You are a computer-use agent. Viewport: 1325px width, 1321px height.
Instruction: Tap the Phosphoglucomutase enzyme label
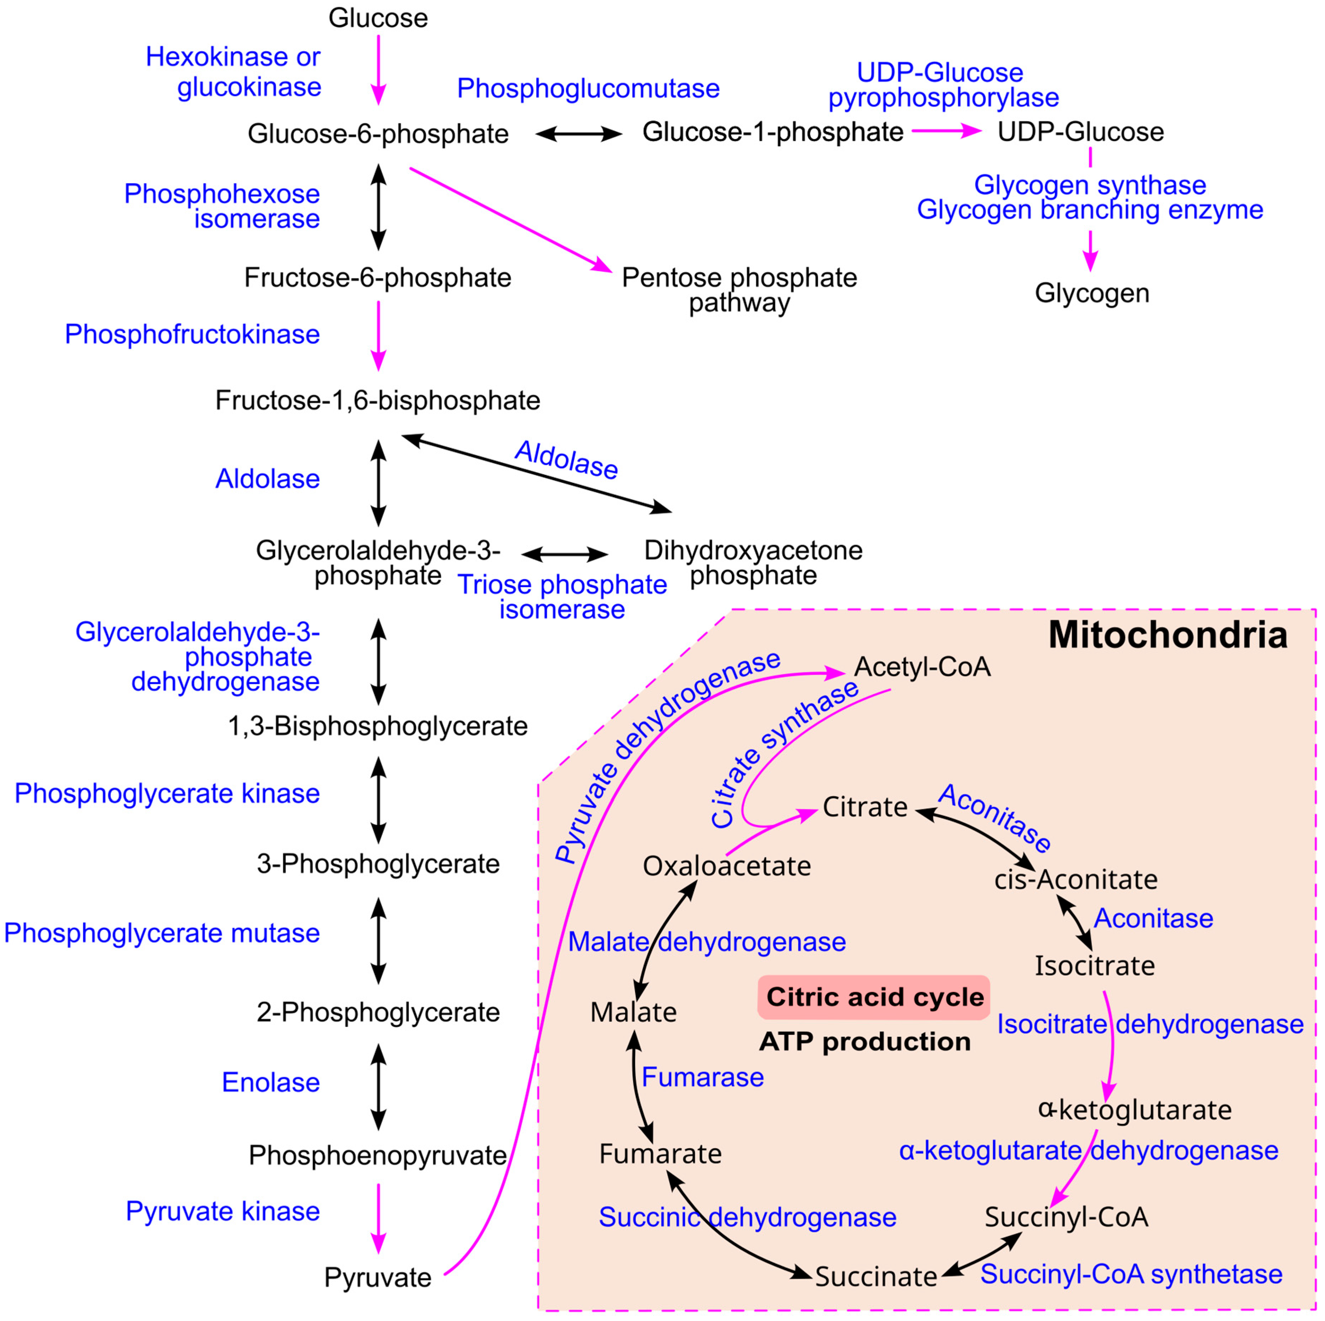tap(589, 89)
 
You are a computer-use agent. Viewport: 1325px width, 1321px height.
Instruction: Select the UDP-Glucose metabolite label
tap(1081, 132)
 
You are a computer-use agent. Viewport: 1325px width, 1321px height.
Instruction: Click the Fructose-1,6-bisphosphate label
tap(378, 400)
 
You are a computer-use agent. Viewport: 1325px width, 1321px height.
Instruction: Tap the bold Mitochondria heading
tap(1168, 634)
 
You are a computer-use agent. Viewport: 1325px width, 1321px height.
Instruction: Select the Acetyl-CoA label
tap(922, 667)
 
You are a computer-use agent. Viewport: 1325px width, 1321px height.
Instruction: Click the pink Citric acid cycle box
tap(874, 997)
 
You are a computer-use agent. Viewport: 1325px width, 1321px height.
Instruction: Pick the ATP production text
tap(865, 1042)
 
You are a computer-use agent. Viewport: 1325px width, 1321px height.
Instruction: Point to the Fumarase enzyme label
tap(702, 1077)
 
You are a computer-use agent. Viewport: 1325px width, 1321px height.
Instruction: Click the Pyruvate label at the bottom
tap(378, 1278)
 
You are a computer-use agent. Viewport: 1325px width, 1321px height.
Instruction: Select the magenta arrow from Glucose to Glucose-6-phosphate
tap(379, 71)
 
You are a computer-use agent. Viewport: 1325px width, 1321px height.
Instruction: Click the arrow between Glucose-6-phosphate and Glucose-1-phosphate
tap(579, 134)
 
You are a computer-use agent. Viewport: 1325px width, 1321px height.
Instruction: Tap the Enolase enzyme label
tap(271, 1082)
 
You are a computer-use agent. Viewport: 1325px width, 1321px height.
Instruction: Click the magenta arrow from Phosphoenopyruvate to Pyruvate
tap(379, 1219)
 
